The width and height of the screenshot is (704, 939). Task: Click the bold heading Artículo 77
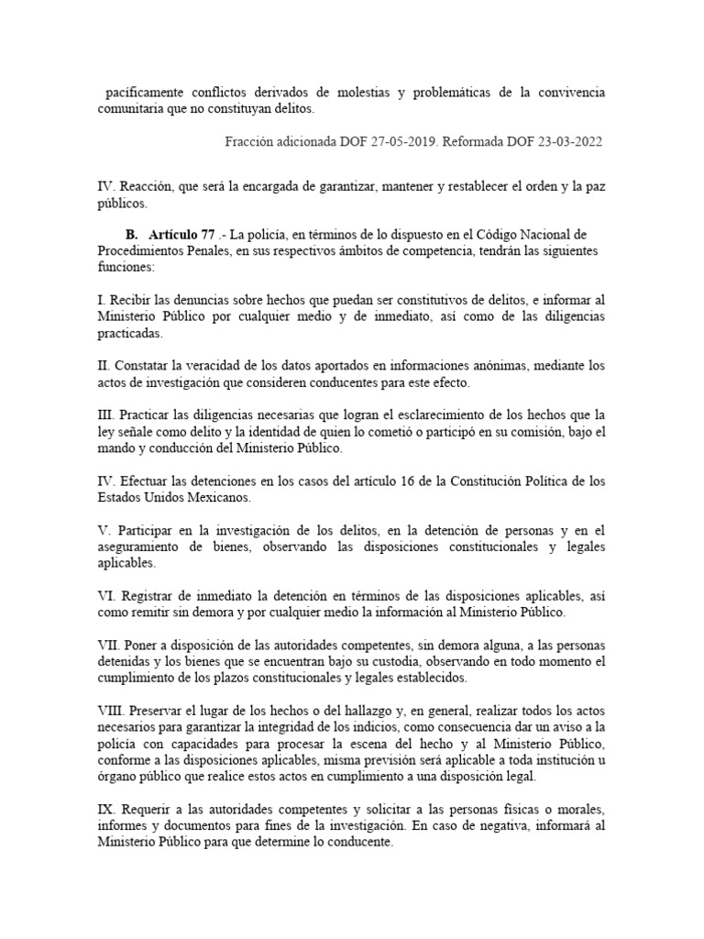[185, 234]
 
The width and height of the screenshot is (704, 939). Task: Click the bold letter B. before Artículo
[130, 234]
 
